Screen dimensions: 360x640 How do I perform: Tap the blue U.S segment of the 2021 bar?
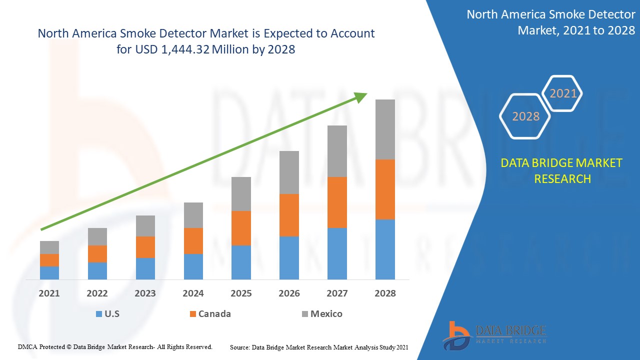pyautogui.click(x=49, y=272)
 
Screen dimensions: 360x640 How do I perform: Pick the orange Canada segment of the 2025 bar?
pyautogui.click(x=241, y=228)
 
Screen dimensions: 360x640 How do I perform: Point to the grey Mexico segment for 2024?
pyautogui.click(x=193, y=215)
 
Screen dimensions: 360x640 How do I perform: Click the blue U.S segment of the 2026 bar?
pyautogui.click(x=289, y=257)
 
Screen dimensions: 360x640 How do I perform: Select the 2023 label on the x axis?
pyautogui.click(x=145, y=293)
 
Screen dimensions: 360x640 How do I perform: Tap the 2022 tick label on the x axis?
pyautogui.click(x=97, y=293)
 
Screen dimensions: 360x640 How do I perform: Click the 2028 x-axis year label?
pyautogui.click(x=385, y=293)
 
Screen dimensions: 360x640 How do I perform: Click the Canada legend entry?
pyautogui.click(x=209, y=314)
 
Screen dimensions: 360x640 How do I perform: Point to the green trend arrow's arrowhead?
pyautogui.click(x=360, y=97)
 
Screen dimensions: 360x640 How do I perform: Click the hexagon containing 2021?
pyautogui.click(x=563, y=93)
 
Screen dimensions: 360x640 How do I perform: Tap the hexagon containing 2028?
pyautogui.click(x=525, y=116)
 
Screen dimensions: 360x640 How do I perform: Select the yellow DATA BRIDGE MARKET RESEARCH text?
pyautogui.click(x=562, y=171)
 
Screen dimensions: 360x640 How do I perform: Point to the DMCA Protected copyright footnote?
pyautogui.click(x=115, y=346)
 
